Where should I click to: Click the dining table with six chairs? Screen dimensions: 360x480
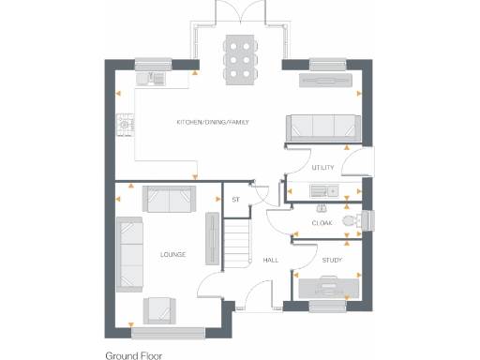pos(240,60)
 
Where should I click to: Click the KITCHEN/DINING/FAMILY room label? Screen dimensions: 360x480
pos(213,123)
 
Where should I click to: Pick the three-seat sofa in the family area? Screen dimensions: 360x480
pos(321,127)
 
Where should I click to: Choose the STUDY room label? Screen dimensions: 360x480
pos(332,260)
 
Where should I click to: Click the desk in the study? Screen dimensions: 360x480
pos(326,286)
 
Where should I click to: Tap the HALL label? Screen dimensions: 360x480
pos(270,260)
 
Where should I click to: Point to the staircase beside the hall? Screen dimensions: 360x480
pos(239,240)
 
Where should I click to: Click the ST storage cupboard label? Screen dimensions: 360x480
pos(235,199)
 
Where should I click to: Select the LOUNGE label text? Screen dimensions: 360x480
pos(172,254)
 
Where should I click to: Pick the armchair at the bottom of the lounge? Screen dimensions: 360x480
pos(158,309)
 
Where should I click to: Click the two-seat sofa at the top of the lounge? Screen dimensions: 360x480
pos(168,198)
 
